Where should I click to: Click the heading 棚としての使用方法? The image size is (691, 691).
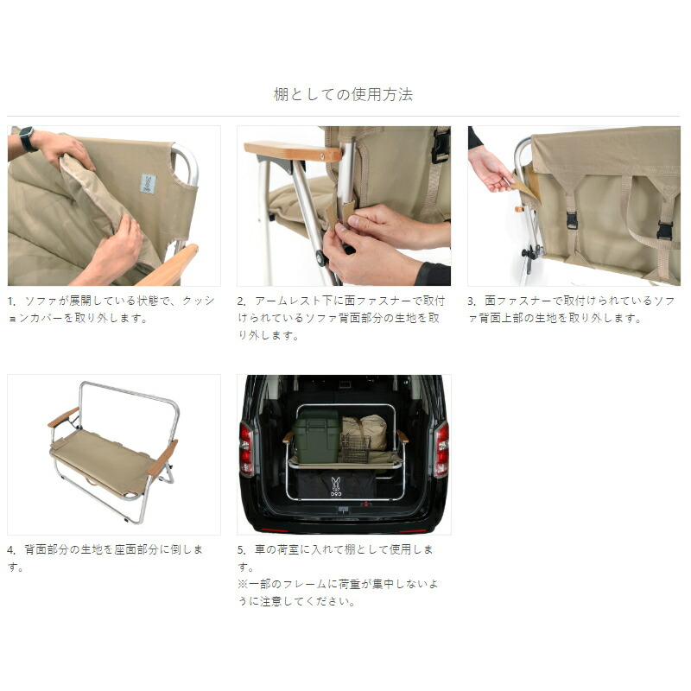343,94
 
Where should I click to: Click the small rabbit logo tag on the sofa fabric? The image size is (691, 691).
149,183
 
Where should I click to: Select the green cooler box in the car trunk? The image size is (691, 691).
315,435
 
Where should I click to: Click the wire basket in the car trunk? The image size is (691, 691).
354,448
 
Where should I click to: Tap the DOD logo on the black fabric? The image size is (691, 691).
335,486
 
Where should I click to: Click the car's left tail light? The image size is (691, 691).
246,449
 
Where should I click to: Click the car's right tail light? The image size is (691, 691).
441,449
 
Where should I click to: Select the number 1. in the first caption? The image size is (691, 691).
12,301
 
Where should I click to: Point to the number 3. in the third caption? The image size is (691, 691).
472,301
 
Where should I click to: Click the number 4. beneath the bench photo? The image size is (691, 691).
12,550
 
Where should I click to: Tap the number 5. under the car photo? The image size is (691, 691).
242,550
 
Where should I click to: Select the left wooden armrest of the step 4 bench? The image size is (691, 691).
62,418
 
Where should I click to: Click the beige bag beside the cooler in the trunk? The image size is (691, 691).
366,429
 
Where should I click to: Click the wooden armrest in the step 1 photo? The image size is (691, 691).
168,268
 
